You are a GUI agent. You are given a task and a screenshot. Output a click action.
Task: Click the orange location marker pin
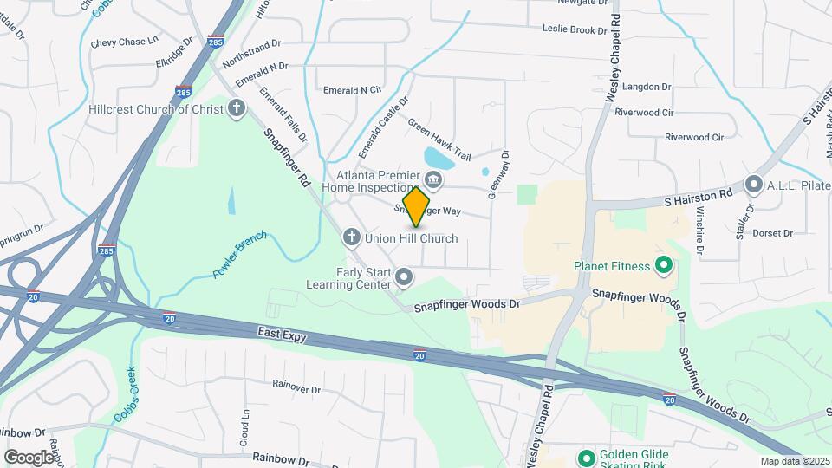417,206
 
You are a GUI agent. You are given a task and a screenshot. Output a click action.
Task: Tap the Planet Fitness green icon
665,264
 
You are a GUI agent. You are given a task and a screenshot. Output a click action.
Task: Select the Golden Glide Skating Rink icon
586,458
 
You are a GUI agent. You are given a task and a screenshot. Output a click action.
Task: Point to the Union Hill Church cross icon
352,237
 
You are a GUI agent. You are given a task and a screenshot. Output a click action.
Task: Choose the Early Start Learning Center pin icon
404,277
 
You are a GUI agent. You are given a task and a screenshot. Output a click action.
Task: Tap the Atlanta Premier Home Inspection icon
434,180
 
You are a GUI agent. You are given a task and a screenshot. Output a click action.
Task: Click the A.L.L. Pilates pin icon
753,184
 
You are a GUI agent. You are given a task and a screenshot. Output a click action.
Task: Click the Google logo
29,457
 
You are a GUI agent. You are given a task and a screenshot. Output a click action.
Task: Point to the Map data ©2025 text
794,461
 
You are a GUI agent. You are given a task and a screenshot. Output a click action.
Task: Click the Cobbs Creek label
127,398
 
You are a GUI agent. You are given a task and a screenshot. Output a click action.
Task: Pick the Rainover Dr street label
296,387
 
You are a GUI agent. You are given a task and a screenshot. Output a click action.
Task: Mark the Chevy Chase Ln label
124,42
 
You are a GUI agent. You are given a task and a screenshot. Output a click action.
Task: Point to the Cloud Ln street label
245,426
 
